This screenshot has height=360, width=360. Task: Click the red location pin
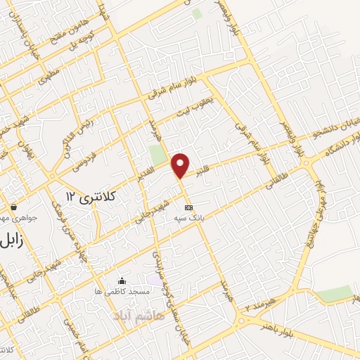[181, 164]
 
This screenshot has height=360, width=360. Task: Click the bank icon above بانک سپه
[188, 208]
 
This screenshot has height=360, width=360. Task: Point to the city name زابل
[15, 239]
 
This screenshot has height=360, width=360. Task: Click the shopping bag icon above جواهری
[15, 207]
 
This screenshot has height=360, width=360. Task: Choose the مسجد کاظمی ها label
[118, 291]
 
